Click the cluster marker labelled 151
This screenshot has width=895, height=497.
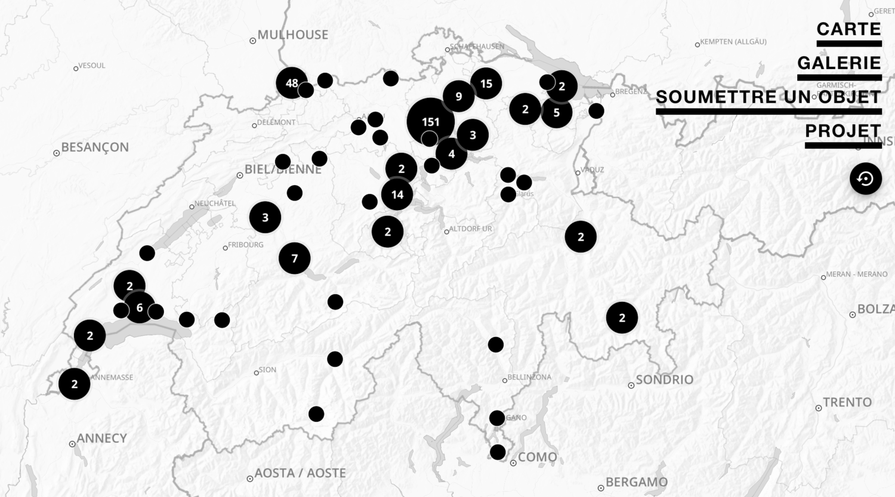point(431,122)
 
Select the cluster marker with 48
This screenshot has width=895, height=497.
point(292,83)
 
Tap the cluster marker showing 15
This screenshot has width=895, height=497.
point(486,84)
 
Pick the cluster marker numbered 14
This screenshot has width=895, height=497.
point(397,195)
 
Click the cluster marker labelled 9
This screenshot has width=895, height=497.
point(458,96)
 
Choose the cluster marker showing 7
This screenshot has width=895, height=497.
point(295,258)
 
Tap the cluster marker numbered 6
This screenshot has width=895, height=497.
point(140,308)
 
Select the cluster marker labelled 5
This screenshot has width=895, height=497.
point(557,112)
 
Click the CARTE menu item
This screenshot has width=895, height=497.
point(848,29)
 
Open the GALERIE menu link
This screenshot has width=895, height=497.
point(839,63)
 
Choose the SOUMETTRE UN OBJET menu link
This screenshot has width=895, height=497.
point(769,97)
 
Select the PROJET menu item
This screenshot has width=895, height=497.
point(842,131)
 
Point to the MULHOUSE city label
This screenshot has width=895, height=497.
point(292,35)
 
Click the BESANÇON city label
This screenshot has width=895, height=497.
point(95,147)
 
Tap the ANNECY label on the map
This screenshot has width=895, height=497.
point(101,439)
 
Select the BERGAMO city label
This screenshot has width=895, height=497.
point(636,482)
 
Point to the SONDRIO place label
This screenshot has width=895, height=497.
point(664,380)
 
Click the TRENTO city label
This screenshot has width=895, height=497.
point(847,403)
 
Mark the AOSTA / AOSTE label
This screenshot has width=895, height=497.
point(300,473)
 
